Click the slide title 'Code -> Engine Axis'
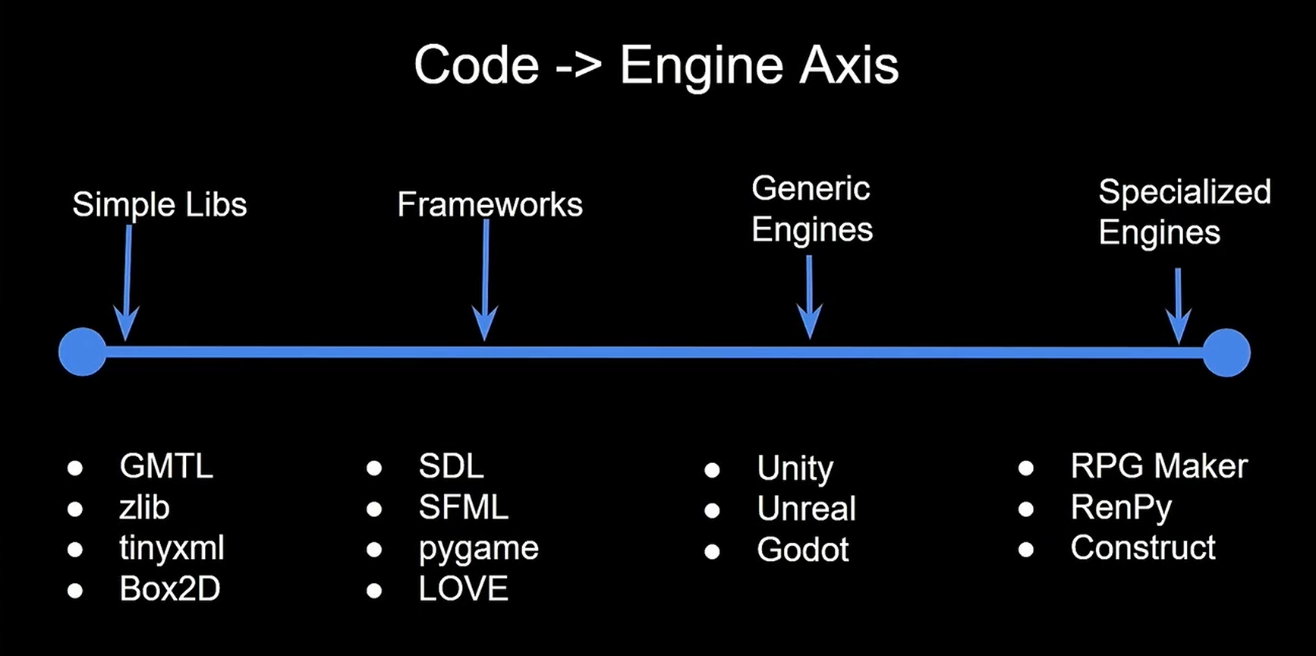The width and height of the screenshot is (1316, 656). pyautogui.click(x=656, y=65)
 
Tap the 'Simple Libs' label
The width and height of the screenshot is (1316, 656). pyautogui.click(x=159, y=205)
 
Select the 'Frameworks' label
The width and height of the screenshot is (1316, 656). pyautogui.click(x=490, y=205)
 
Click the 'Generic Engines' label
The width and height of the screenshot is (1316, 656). pyautogui.click(x=811, y=210)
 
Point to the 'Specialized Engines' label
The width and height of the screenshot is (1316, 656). pyautogui.click(x=1184, y=212)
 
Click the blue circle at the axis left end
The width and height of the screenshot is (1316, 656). pyautogui.click(x=82, y=352)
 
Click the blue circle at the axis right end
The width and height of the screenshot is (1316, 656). pyautogui.click(x=1226, y=352)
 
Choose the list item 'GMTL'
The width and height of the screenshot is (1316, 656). pyautogui.click(x=166, y=466)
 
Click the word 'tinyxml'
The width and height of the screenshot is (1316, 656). pyautogui.click(x=172, y=548)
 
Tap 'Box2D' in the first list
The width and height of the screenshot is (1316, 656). pyautogui.click(x=170, y=589)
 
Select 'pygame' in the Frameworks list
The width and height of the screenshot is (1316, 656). pyautogui.click(x=478, y=549)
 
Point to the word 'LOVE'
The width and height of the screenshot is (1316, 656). pyautogui.click(x=463, y=589)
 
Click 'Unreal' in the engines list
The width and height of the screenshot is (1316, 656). pyautogui.click(x=806, y=509)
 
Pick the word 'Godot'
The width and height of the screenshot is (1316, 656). pyautogui.click(x=802, y=550)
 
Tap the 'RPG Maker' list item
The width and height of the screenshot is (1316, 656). pyautogui.click(x=1158, y=466)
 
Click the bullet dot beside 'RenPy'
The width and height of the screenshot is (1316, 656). pyautogui.click(x=1026, y=509)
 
